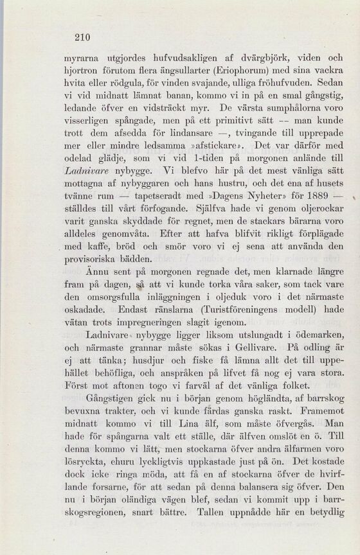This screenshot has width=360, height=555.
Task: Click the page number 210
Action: [x=82, y=37]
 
